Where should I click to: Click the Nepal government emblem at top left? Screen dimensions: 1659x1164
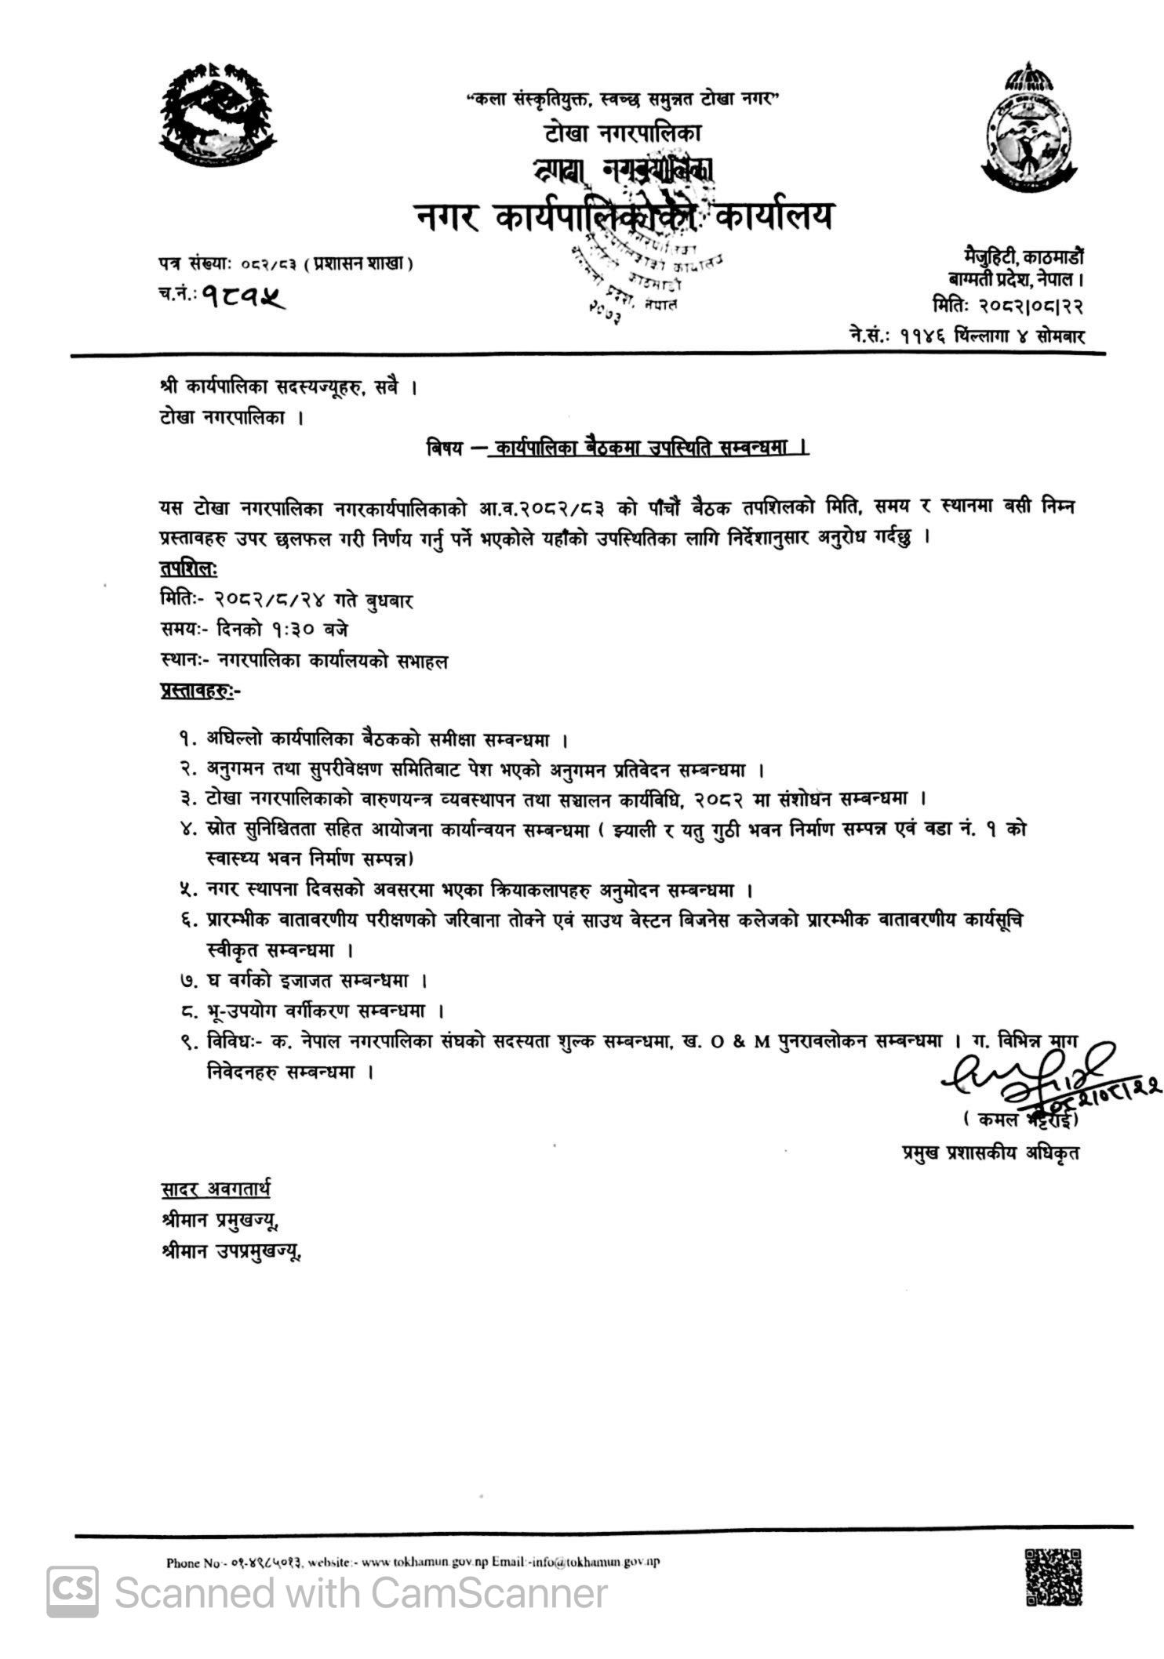click(x=218, y=114)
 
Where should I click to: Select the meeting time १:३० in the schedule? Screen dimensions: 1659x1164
click(x=299, y=630)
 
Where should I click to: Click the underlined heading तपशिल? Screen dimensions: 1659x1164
click(x=188, y=568)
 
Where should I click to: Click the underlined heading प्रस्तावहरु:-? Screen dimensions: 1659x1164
click(x=201, y=692)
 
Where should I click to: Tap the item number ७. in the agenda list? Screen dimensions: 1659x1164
click(x=187, y=980)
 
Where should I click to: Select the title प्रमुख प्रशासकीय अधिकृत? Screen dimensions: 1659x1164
click(x=991, y=1153)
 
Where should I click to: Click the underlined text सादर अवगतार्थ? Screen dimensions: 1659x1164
click(x=215, y=1190)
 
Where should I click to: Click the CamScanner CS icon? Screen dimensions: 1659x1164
click(x=73, y=1592)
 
